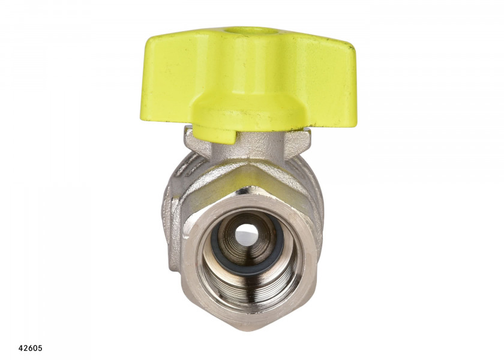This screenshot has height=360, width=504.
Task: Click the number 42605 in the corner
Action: coord(31,348)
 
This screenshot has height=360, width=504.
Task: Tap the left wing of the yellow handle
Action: coord(167,77)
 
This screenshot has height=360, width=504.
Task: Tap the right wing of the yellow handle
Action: coord(325,80)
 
